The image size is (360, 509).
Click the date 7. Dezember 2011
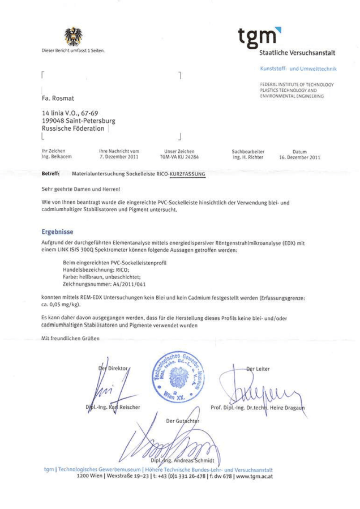[118, 158]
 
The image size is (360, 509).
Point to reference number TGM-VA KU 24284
[181, 158]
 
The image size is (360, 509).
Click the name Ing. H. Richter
[249, 158]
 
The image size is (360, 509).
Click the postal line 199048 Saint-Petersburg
[79, 121]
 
